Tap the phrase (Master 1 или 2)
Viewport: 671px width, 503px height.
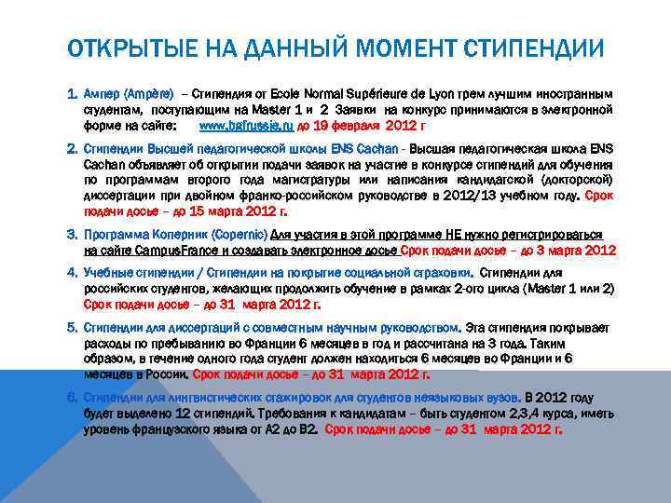(x=567, y=289)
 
